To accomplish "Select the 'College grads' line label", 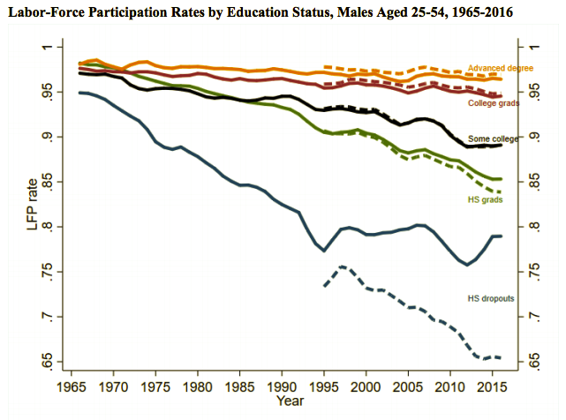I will click(x=493, y=103).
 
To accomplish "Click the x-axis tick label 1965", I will click(x=72, y=386).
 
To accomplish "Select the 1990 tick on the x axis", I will click(x=283, y=386).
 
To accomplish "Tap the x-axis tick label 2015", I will click(x=494, y=386).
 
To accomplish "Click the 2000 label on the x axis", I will click(x=367, y=386).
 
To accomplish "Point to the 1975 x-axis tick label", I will click(x=156, y=386).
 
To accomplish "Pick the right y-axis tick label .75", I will click(x=534, y=272).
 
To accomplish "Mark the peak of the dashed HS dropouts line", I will click(x=342, y=266).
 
